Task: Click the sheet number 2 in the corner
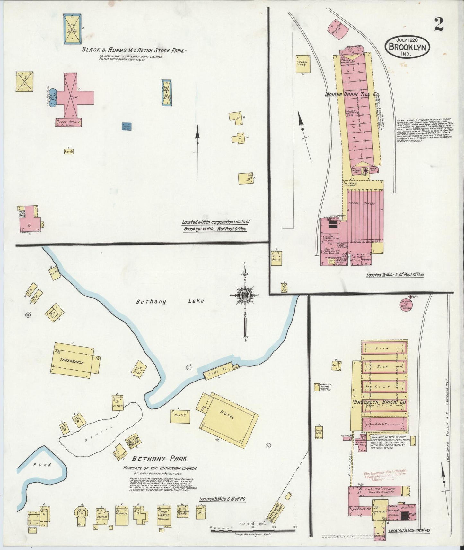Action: [x=439, y=25]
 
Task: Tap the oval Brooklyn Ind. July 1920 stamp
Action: [x=407, y=47]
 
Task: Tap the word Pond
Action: [x=42, y=465]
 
